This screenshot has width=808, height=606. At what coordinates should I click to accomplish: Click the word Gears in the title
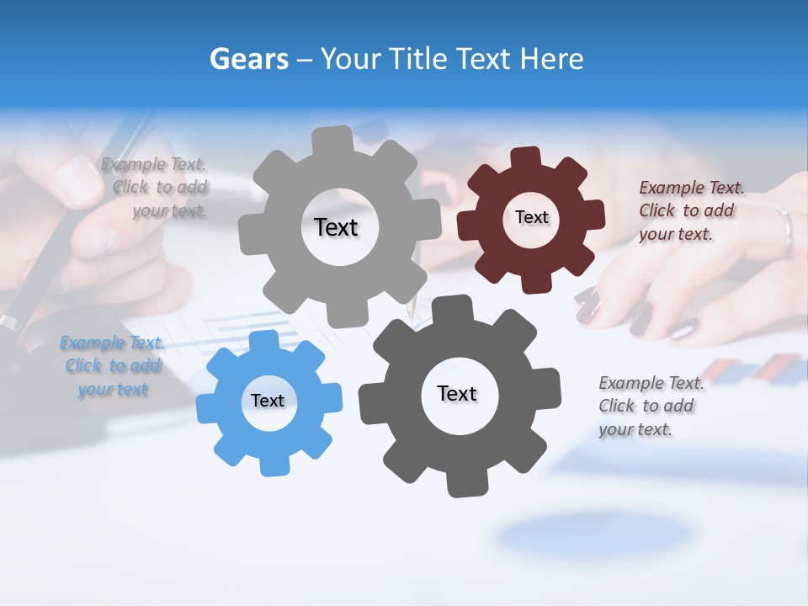(248, 60)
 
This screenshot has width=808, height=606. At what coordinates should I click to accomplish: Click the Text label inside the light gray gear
(336, 227)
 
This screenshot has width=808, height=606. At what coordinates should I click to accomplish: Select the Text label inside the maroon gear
(531, 217)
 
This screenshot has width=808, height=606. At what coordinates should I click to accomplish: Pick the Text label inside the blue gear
(268, 401)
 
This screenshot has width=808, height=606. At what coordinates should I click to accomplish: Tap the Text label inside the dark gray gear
(457, 393)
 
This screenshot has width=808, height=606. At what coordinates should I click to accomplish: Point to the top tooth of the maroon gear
(526, 157)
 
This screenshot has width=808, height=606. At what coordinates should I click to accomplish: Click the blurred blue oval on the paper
(593, 535)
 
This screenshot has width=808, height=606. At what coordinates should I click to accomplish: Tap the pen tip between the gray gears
(411, 310)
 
